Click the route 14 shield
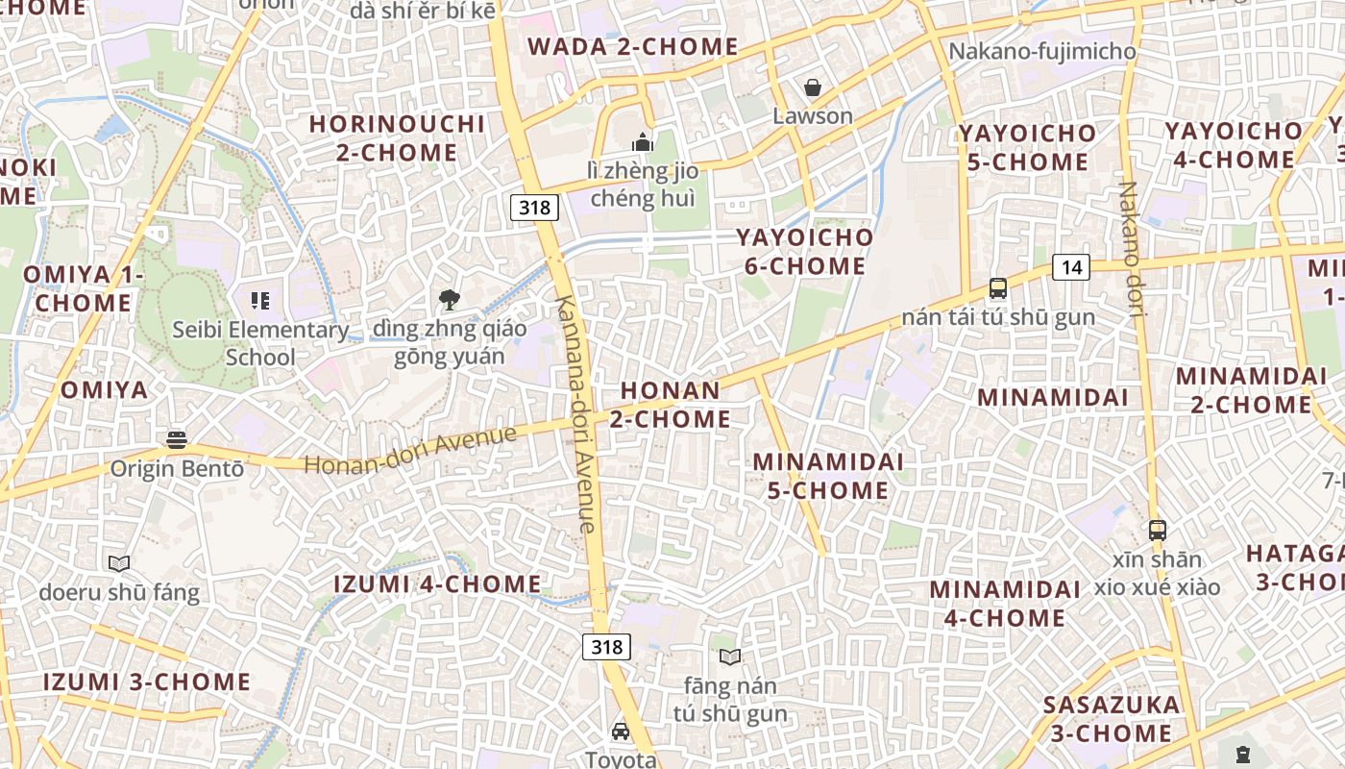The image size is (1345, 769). pos(1071,267)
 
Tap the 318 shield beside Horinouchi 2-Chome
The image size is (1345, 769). pos(534,207)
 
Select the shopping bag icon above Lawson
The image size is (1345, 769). pos(813,87)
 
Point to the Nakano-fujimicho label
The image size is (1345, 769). pos(1041,51)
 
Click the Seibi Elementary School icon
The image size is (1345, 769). pos(259,301)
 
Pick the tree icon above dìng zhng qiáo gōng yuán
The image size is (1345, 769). pos(449,300)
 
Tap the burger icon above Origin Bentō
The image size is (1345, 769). pos(176,440)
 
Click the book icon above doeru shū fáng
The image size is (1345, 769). pos(119,563)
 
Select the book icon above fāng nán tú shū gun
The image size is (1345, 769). pos(730,657)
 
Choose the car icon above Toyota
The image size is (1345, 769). pos(621,732)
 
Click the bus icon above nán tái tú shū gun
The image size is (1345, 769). pos(998,287)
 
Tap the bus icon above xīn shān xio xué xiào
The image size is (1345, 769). pos(1158,530)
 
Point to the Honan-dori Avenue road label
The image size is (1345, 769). pos(410,450)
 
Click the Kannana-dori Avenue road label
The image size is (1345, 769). pos(575,413)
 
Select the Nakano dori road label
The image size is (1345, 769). pos(1130,249)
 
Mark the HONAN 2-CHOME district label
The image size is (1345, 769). pos(670,405)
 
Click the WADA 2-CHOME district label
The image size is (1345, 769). pos(632,47)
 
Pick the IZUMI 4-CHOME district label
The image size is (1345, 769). pos(437,584)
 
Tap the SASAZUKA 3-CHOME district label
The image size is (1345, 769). pos(1112,719)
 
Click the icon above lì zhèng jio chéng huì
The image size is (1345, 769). pos(642,143)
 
